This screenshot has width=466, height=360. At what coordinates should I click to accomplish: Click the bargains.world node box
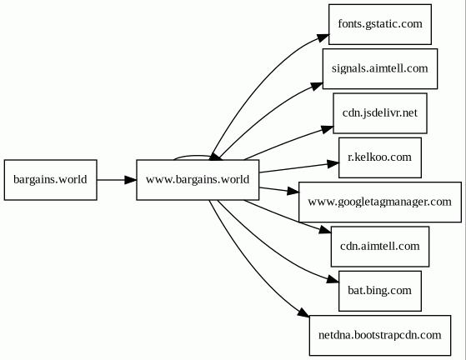coord(51,180)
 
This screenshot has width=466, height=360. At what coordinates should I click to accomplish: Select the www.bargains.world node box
coord(198,180)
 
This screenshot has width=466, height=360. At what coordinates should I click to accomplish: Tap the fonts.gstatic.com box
coord(380,24)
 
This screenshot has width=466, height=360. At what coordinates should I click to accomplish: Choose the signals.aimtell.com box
coord(380,68)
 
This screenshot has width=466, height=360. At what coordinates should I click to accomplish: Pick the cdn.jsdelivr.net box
coord(380,113)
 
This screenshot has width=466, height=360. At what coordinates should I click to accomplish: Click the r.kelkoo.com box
coord(380,157)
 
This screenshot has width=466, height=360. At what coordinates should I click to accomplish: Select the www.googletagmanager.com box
coord(380,202)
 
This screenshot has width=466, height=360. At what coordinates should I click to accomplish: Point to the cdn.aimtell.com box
coord(380,246)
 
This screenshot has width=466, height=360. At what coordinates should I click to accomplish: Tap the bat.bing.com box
coord(380,291)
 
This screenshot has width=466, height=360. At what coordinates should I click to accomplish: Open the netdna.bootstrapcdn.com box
coord(380,335)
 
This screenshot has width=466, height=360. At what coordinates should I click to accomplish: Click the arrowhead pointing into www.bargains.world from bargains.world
coord(131,180)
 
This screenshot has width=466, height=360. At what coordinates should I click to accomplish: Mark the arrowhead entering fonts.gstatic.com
coord(323,37)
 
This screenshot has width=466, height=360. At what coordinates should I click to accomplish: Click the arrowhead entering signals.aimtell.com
coord(317,86)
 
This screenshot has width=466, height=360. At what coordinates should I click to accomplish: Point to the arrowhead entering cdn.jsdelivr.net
coord(328,129)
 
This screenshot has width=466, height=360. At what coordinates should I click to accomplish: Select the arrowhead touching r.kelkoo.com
coord(333,163)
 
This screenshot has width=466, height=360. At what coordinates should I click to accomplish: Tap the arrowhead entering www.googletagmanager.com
coord(293,192)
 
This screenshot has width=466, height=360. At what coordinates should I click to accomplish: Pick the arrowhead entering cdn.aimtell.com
coord(325,230)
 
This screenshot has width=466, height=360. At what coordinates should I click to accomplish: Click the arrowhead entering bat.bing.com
coord(333,279)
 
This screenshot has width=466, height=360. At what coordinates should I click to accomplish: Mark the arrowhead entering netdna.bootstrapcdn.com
coord(303,312)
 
